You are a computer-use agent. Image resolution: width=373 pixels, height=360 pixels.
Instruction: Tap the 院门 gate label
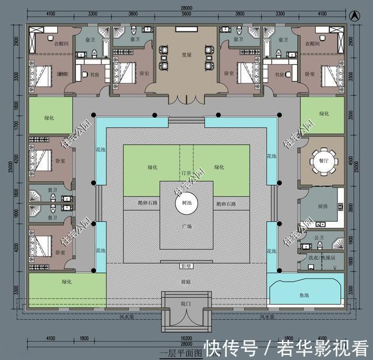pyautogui.click(x=186, y=304)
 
